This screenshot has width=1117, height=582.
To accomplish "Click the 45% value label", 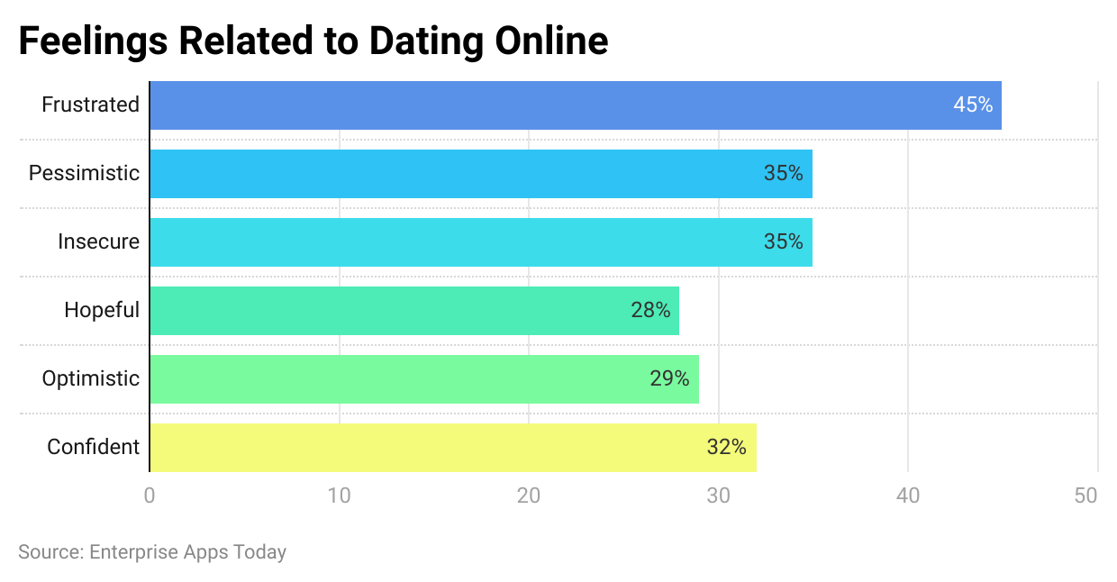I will (x=973, y=105).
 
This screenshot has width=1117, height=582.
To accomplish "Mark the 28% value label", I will (x=650, y=311).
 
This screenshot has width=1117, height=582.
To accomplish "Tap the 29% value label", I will (x=669, y=379).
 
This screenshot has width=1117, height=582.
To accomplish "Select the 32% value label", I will (x=726, y=448).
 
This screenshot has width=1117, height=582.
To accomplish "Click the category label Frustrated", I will (x=90, y=105).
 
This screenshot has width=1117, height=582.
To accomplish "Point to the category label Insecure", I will (x=98, y=242).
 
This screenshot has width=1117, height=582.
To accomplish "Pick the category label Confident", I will (x=93, y=448).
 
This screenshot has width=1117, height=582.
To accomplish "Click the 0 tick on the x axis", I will (x=150, y=496).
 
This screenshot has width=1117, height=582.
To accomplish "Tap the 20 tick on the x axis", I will (x=529, y=496).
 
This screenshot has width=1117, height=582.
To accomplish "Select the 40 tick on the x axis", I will (x=908, y=496).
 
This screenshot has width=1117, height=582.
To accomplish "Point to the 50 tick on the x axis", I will (x=1086, y=496).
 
